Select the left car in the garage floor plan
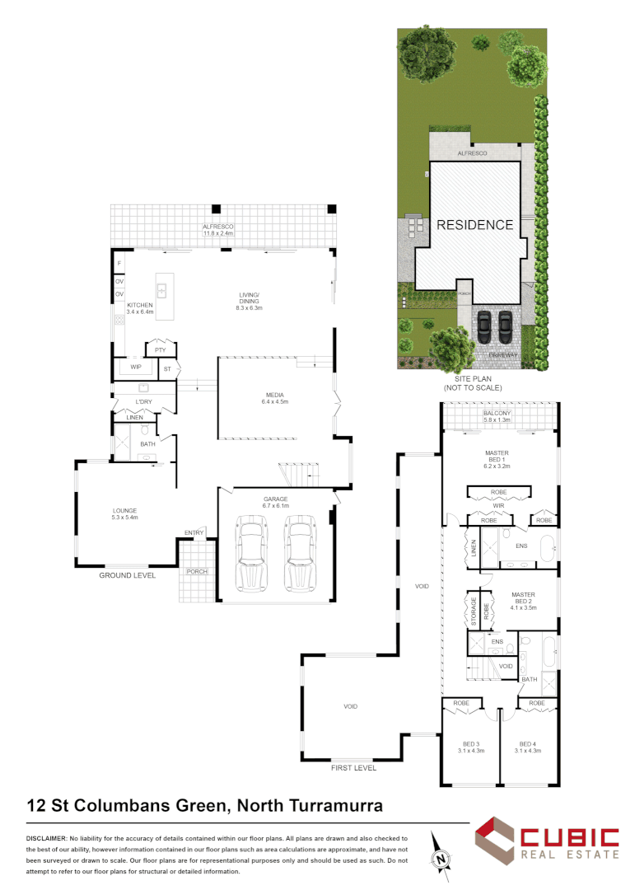[x=250, y=552]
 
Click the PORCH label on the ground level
[x=197, y=572]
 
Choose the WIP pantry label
[x=136, y=366]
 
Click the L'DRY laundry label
[x=144, y=402]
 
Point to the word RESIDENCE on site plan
[x=474, y=224]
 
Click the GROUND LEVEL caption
[x=128, y=575]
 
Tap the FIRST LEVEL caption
[x=353, y=768]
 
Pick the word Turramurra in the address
[x=334, y=804]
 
